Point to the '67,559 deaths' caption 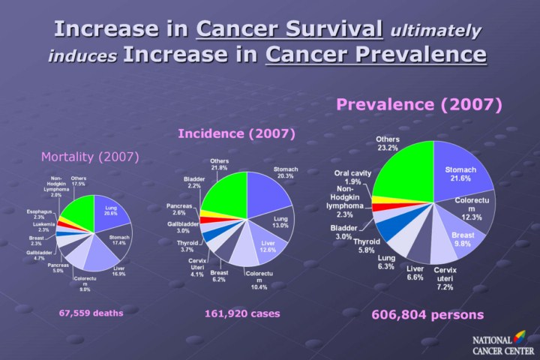coord(91,313)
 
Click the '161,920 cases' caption coord(236,313)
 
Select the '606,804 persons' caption coord(427,314)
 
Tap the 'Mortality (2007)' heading coord(90,157)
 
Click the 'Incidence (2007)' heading coord(236,133)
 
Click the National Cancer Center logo coord(499,344)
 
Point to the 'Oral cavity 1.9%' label coord(352,177)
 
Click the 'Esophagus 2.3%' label coord(40,214)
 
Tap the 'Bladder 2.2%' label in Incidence coord(193,182)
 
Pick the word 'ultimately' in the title coord(433,31)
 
